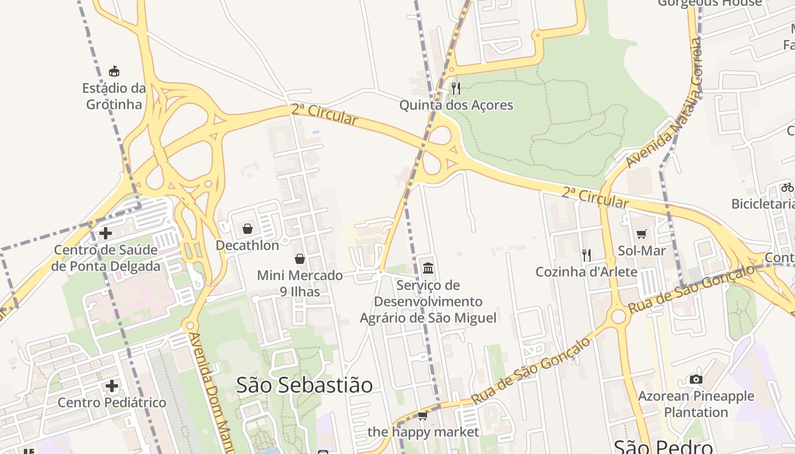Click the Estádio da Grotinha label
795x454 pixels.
114,96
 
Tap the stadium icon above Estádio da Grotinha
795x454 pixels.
114,71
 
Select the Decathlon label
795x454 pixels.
248,245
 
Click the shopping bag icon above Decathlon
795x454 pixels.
248,229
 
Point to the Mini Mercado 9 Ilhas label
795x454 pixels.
300,283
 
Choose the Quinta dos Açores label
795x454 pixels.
456,105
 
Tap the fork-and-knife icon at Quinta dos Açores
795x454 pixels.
456,89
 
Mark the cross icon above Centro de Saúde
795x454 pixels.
106,233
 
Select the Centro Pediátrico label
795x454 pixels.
112,402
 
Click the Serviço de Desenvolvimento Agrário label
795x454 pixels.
428,301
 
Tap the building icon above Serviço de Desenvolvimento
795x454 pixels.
428,268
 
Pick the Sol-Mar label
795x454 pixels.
642,250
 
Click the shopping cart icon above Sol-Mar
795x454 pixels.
642,234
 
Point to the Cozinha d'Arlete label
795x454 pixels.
587,272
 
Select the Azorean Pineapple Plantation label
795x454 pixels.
696,404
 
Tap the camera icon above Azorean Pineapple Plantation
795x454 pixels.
696,379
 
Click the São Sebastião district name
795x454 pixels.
304,385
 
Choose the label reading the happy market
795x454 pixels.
423,432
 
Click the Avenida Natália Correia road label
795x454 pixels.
664,105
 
